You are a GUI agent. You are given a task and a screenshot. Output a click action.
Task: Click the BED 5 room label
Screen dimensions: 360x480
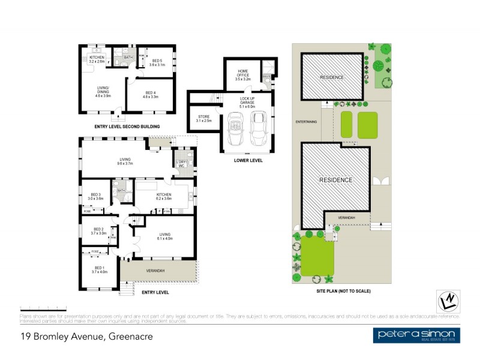tap(157, 62)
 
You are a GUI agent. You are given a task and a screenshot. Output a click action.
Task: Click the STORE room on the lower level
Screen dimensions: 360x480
tap(203, 118)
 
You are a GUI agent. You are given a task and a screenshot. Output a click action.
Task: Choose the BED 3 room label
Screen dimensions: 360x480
tap(97, 196)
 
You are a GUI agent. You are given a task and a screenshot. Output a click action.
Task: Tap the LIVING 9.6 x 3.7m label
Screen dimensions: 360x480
tap(124, 161)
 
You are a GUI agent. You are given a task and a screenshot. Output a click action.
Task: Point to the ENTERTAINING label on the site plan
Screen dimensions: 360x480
tap(306, 122)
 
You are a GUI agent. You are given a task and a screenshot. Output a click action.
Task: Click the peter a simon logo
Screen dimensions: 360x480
tap(416, 335)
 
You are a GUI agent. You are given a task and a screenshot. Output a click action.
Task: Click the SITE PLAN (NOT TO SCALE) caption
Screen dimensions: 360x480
tap(343, 291)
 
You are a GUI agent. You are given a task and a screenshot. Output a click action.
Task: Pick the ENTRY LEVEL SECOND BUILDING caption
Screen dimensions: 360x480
tap(127, 127)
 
